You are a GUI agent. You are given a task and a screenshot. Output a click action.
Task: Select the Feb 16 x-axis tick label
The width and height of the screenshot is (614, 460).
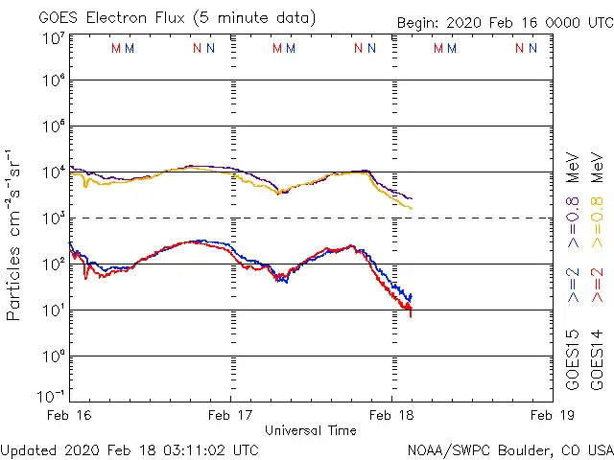[71, 415]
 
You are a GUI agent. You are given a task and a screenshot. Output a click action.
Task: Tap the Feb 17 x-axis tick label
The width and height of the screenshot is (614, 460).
[231, 415]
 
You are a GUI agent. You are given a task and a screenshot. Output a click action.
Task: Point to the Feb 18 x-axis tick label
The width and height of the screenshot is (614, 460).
[391, 415]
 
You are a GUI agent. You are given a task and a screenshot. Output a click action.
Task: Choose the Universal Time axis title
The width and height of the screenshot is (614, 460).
[311, 430]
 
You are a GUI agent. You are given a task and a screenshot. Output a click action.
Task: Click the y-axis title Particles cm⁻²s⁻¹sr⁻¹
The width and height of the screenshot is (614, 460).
[15, 235]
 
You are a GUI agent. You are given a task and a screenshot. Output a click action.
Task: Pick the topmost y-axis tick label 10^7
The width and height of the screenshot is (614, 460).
[53, 38]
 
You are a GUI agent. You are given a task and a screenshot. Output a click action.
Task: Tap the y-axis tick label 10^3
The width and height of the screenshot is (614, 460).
[53, 218]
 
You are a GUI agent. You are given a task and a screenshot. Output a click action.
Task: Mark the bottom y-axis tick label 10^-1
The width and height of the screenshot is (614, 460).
[50, 395]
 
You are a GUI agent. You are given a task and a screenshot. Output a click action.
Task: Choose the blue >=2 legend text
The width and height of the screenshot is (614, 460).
[573, 286]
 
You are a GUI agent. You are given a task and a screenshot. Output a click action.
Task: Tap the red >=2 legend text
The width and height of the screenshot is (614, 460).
[597, 286]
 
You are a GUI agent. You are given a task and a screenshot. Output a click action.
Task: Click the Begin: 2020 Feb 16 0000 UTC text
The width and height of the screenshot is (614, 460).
[504, 23]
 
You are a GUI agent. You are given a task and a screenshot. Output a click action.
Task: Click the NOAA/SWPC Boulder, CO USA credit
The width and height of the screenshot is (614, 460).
[509, 448]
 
